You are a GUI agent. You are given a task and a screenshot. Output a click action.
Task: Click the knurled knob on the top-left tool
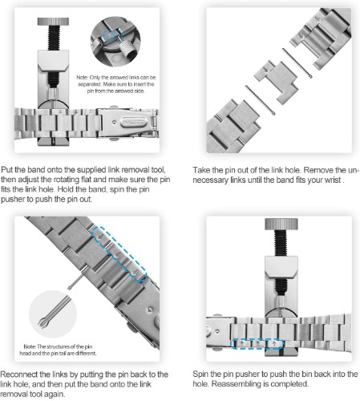click(x=53, y=22)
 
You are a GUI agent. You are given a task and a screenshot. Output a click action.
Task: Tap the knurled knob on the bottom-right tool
click(x=281, y=224)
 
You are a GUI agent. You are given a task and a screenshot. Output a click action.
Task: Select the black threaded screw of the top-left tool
click(x=54, y=38)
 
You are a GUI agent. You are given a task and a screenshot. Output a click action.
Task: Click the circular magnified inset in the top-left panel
click(x=115, y=42)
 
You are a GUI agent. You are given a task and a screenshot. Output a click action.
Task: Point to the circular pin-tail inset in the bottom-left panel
click(x=53, y=314)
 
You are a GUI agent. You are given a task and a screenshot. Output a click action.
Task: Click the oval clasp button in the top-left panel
click(x=133, y=122)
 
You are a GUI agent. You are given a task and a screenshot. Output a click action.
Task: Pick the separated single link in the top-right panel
click(x=276, y=80)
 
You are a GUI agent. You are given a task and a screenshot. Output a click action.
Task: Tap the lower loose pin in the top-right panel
click(x=260, y=100)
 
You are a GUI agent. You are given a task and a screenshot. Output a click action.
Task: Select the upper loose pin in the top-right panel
click(x=297, y=63)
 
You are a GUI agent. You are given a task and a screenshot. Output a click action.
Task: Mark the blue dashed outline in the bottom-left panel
click(x=119, y=254)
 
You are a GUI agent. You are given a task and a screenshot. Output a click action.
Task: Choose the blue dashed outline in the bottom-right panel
click(x=257, y=343)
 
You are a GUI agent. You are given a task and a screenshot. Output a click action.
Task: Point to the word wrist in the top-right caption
click(x=333, y=180)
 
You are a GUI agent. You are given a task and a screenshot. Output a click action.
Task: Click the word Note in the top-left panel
click(x=82, y=78)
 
